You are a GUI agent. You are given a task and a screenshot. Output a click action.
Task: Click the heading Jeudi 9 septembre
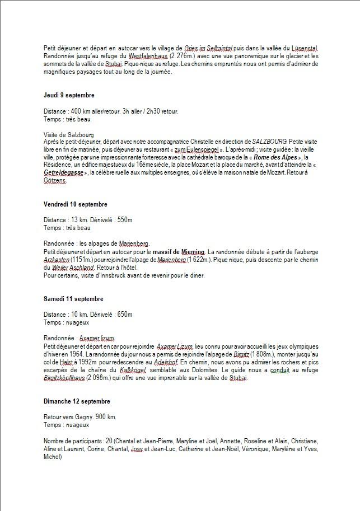pos(69,95)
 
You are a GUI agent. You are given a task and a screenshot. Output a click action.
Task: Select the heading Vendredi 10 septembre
pos(75,204)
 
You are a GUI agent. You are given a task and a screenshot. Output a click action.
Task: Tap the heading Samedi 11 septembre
pos(73,299)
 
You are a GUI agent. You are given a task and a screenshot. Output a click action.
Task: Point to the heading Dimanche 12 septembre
pos(76,401)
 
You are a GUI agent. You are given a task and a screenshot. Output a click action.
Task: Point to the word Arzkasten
pos(56,260)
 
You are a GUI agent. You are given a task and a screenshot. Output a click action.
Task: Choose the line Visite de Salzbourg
pos(69,135)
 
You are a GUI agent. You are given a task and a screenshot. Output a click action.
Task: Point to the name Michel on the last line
pos(52,457)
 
